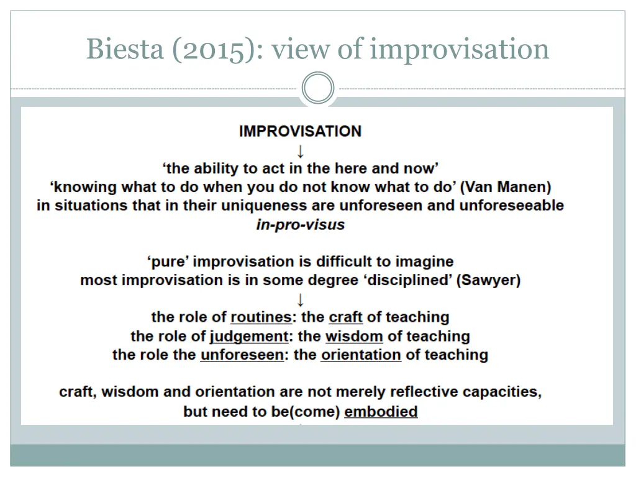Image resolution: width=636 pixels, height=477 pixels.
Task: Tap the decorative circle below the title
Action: [x=318, y=88]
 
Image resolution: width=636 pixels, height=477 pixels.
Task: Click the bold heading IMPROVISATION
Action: [x=300, y=131]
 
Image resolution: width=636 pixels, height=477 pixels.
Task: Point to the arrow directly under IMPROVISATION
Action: [x=301, y=150]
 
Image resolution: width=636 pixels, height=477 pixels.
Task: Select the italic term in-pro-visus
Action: [x=300, y=224]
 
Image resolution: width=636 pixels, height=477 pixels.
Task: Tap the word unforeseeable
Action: [x=511, y=206]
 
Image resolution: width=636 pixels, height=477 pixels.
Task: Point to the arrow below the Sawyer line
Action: [x=301, y=299]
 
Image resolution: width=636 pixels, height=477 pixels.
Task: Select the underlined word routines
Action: [x=261, y=317]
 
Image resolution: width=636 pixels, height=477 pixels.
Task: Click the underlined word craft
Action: [x=346, y=317]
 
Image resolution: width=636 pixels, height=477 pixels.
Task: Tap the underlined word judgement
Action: [x=249, y=337]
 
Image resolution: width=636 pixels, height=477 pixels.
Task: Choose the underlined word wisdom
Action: [x=354, y=337]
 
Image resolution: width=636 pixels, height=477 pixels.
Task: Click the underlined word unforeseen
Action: [x=242, y=355]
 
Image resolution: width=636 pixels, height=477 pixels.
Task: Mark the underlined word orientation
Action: [x=361, y=355]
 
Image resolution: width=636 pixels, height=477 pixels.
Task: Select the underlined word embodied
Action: [x=381, y=411]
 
